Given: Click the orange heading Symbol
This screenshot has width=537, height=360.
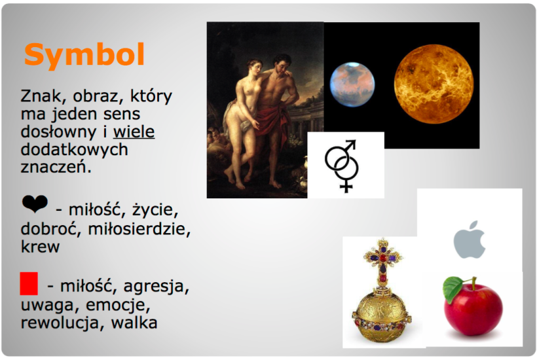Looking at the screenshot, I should click(84, 56).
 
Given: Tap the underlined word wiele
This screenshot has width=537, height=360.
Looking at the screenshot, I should click(134, 132).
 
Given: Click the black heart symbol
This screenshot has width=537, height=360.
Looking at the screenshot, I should click(34, 205).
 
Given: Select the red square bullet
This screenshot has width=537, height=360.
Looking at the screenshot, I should click(29, 284).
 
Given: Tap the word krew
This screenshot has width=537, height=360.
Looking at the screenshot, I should click(40, 247).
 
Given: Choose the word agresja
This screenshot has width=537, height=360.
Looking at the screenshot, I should click(157, 287).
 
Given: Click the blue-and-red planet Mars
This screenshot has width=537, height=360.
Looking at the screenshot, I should click(352, 83).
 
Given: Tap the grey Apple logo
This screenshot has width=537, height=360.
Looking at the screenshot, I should click(470, 240).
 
